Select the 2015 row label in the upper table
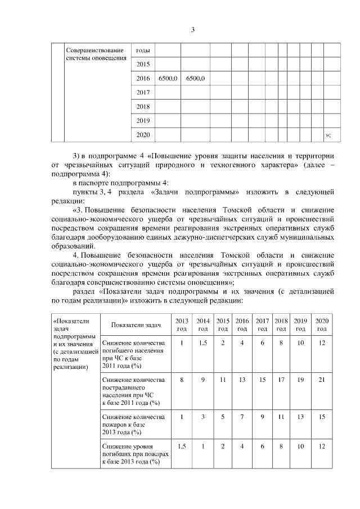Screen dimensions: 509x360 [x=143, y=64]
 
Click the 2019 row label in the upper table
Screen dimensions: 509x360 [x=143, y=120]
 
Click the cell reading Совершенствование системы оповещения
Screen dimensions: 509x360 [x=94, y=55]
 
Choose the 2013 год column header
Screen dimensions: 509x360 [x=182, y=325]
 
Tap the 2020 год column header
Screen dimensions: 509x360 [x=322, y=325]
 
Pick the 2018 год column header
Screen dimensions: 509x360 [x=281, y=325]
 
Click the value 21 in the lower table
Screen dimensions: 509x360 [x=322, y=380]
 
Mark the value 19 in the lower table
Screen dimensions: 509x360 [x=300, y=380]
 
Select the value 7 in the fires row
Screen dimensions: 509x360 [x=242, y=417]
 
